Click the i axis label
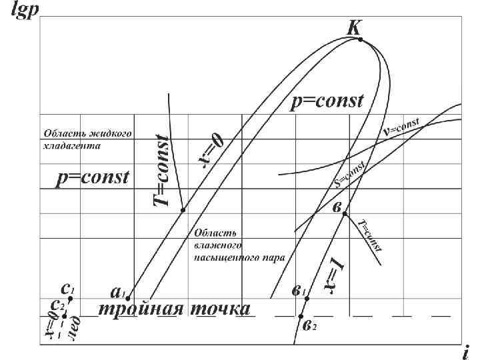pyautogui.click(x=465, y=351)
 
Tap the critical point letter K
pyautogui.click(x=354, y=27)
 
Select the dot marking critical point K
pyautogui.click(x=361, y=40)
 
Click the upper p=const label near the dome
pyautogui.click(x=327, y=101)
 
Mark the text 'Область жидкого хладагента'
pyautogui.click(x=83, y=139)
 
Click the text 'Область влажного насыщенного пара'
pyautogui.click(x=239, y=244)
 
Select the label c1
pyautogui.click(x=67, y=289)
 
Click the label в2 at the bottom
pyautogui.click(x=309, y=326)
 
